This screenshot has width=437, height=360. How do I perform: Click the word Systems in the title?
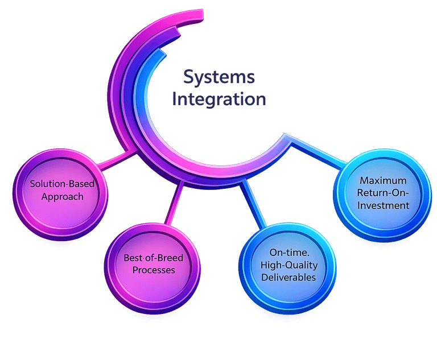pos(218,77)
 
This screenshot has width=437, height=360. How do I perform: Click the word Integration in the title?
pos(219,99)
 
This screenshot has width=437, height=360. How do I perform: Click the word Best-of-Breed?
pos(154,258)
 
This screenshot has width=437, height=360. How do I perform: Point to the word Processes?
pos(154,270)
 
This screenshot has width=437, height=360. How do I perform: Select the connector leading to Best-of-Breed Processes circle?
pos(173,205)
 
